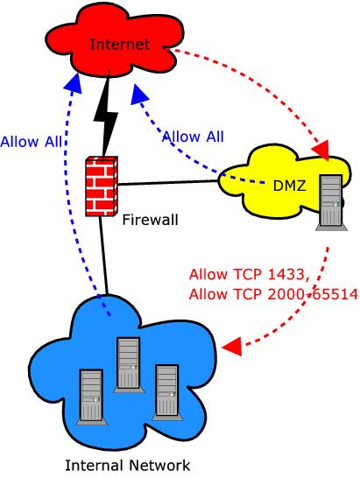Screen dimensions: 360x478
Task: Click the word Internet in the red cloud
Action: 120,44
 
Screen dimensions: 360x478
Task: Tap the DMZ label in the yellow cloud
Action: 289,186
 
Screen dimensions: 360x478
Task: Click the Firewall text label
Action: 150,220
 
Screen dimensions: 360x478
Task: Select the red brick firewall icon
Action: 102,186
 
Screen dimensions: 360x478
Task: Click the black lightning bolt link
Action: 105,116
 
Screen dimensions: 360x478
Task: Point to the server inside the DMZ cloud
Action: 332,202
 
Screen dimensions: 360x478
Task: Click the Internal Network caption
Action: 128,466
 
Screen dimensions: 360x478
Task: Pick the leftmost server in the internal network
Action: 91,397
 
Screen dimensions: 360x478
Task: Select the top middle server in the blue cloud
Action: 129,364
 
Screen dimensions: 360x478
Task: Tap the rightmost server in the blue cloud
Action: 167,392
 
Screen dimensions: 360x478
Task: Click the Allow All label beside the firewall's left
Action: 32,142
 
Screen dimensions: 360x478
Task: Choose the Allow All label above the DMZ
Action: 193,137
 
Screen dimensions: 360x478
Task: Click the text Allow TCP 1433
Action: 250,274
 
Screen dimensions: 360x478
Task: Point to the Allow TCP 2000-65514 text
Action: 273,294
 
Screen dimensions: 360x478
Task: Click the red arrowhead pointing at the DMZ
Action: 321,150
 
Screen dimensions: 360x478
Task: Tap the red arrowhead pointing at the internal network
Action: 232,347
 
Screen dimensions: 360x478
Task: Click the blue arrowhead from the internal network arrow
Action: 73,83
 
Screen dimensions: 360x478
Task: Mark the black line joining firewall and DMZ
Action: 168,183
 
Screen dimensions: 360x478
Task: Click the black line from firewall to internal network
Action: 103,256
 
